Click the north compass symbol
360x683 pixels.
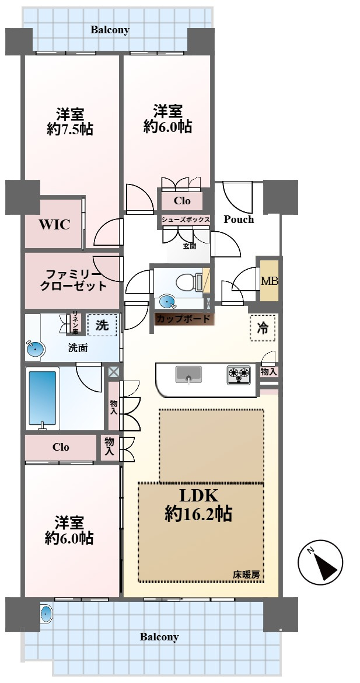pos(320,562)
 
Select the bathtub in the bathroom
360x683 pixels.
pos(42,398)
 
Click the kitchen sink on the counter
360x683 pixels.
pos(188,374)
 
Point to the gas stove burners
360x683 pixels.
pos(239,374)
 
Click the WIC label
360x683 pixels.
pos(54,225)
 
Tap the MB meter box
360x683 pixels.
pos(270,281)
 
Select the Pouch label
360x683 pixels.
pos(239,219)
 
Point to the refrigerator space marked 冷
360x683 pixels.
pos(263,327)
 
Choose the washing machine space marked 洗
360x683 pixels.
pos(102,325)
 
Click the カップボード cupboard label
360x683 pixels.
pos(183,318)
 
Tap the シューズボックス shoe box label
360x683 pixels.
pos(186,219)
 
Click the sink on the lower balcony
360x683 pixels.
pos(47,614)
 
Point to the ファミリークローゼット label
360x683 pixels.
pos(73,281)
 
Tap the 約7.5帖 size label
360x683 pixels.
pos(70,129)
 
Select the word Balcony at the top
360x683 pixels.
pos(110,30)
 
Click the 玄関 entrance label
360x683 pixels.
pos(189,246)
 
